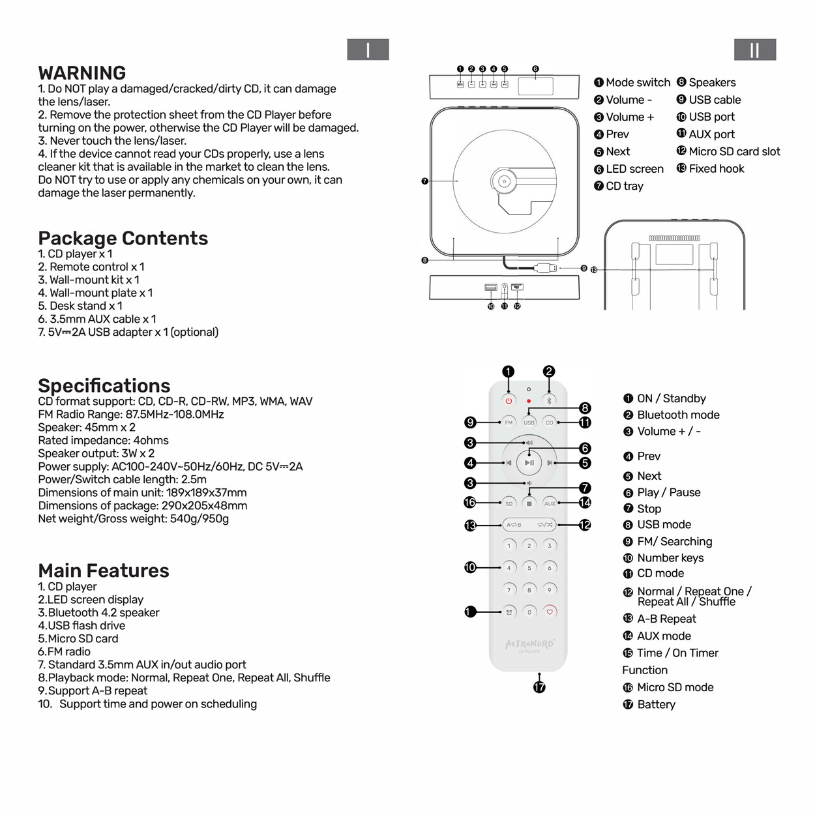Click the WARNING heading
82,73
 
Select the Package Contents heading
123,239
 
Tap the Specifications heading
104,385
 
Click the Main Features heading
103,571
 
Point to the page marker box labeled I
368,50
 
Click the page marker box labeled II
754,50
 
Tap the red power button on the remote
509,401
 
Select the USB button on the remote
529,422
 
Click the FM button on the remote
509,422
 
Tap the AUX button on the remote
550,503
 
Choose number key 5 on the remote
529,568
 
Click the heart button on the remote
550,612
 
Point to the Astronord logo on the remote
529,644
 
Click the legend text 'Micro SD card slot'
734,151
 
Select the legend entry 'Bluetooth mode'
678,415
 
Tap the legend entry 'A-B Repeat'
666,619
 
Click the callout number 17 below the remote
539,687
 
